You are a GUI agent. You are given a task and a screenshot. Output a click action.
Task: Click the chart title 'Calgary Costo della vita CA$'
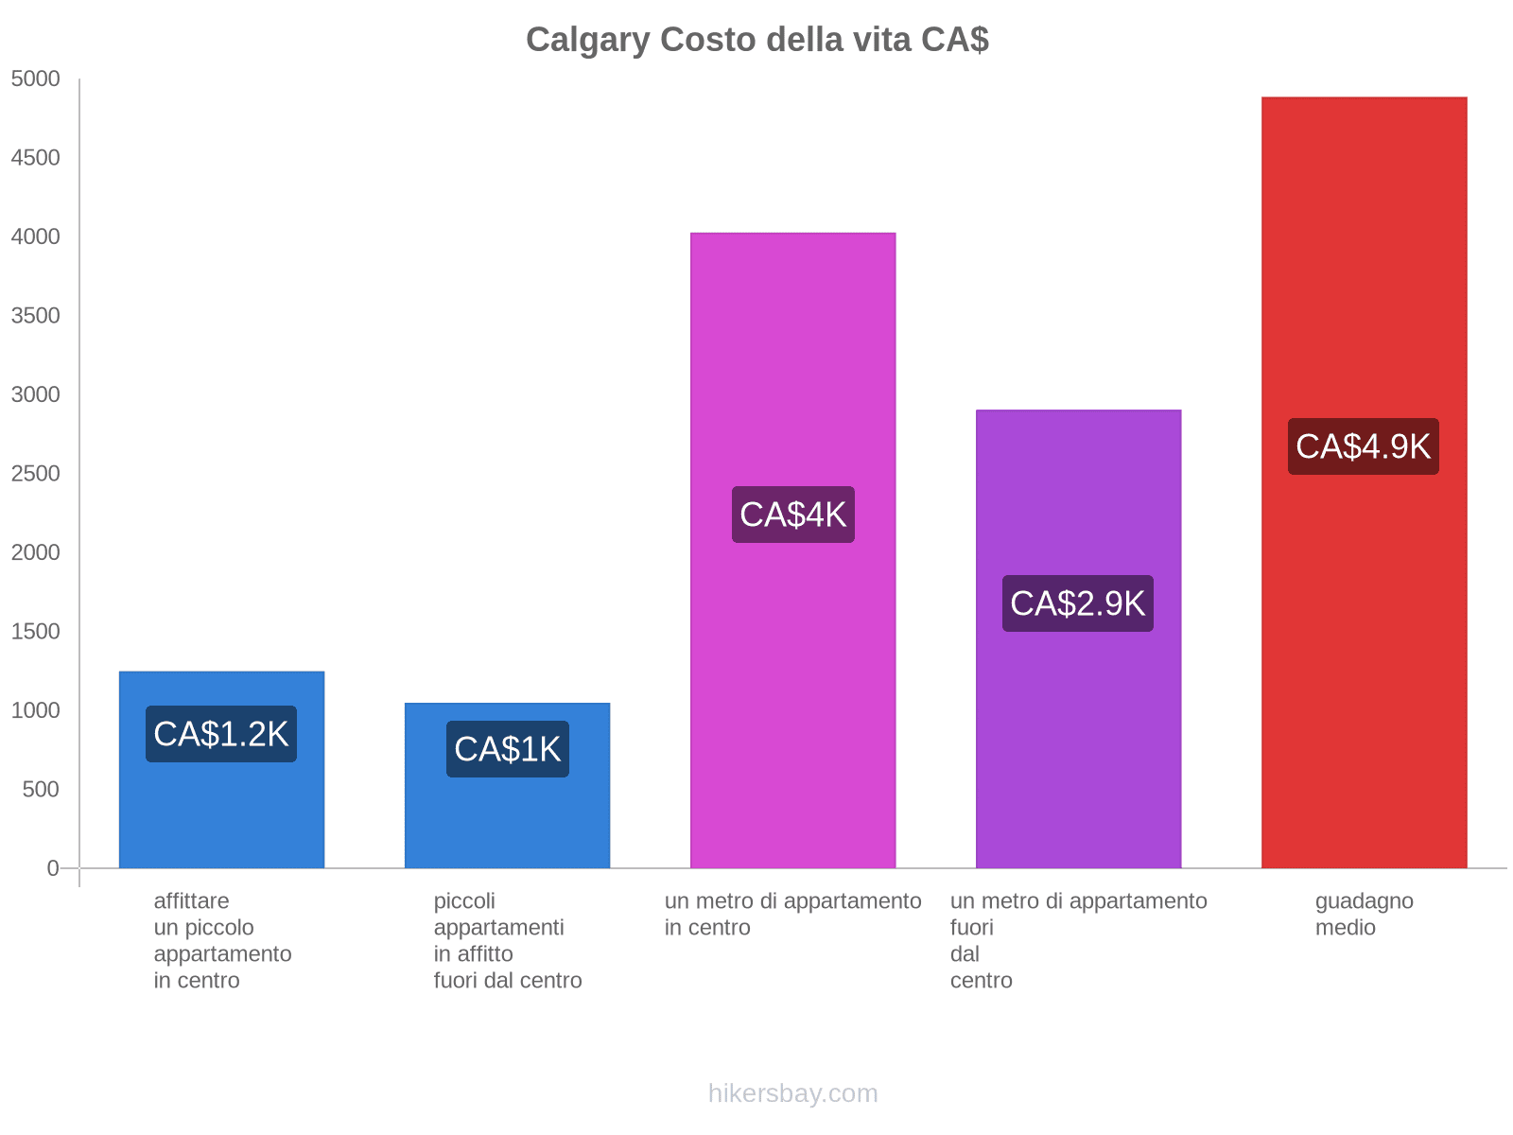(756, 40)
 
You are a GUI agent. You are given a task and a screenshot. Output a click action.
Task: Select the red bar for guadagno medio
(1364, 482)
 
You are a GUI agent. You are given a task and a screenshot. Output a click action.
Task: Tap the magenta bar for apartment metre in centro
(792, 550)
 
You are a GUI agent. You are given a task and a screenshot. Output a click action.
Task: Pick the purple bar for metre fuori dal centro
(1078, 638)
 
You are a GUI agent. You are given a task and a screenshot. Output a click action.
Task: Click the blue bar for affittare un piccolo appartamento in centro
(221, 770)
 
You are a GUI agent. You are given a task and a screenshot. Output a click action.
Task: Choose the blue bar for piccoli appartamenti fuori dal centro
(507, 786)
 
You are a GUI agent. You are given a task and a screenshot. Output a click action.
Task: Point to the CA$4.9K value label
(1363, 445)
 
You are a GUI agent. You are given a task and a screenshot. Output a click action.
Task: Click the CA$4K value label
(792, 515)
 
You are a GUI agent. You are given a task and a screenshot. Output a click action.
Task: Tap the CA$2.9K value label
(1077, 603)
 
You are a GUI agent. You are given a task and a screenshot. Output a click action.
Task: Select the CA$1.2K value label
(220, 733)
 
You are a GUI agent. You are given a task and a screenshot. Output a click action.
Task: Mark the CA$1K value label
(507, 748)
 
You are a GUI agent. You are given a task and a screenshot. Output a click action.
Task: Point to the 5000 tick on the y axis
(35, 79)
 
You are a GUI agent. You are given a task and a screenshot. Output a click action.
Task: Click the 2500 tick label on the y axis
(35, 474)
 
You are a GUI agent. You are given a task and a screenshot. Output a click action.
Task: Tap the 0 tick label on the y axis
(53, 868)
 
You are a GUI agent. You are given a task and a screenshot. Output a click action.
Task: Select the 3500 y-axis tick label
(35, 316)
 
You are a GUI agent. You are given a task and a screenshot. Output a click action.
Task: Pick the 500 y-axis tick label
(41, 789)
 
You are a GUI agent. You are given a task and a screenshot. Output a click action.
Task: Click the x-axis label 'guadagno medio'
(1365, 914)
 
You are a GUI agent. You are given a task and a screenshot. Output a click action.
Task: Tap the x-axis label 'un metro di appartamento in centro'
(792, 914)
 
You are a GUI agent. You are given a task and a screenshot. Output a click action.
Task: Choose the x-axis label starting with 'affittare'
(222, 940)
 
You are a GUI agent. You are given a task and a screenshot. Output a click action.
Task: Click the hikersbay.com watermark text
(792, 1093)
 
